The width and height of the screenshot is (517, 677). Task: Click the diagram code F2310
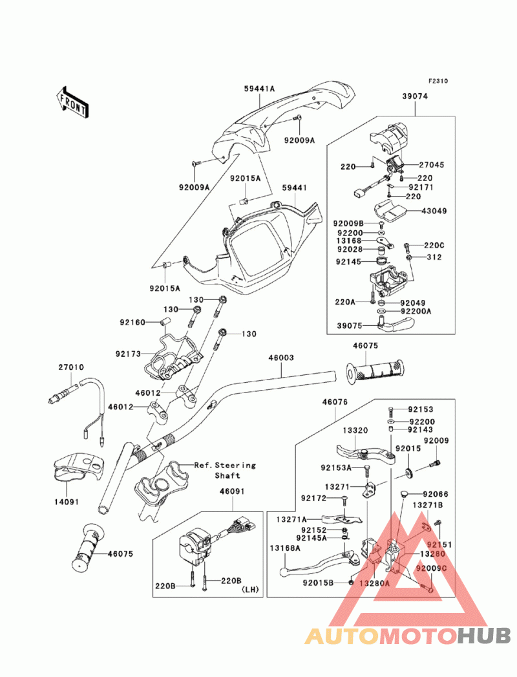click(438, 81)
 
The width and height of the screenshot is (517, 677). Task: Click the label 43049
click(434, 211)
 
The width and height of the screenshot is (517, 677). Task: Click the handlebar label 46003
click(282, 357)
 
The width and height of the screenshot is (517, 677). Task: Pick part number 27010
click(70, 367)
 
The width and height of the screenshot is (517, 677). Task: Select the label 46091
click(232, 491)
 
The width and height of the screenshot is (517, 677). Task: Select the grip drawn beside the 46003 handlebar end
click(376, 372)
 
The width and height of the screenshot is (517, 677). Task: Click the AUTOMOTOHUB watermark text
click(408, 636)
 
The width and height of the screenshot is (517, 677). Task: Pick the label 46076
click(335, 402)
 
